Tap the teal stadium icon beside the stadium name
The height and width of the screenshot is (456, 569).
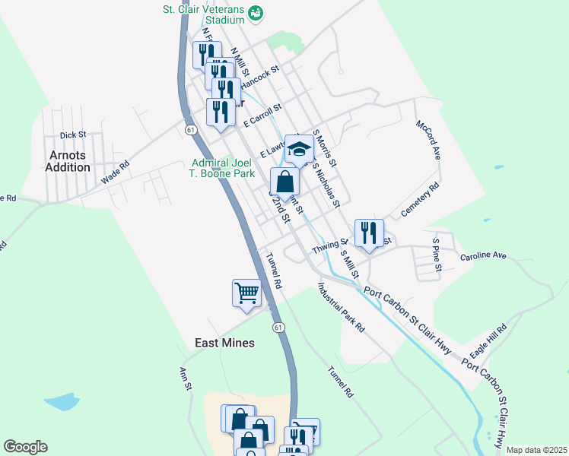tap(256, 12)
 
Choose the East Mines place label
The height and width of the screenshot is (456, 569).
tap(224, 343)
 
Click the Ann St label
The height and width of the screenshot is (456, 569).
tap(184, 378)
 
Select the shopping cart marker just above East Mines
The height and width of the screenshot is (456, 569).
tap(246, 293)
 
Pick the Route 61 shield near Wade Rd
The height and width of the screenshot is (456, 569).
tap(188, 130)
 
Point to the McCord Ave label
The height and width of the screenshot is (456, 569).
tap(428, 139)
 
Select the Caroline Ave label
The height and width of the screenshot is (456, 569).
tap(483, 256)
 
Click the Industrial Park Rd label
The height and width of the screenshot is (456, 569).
tap(342, 307)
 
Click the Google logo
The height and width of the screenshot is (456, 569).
tap(25, 447)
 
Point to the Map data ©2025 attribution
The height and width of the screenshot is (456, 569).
tap(536, 450)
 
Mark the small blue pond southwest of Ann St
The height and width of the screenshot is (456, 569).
tap(62, 401)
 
